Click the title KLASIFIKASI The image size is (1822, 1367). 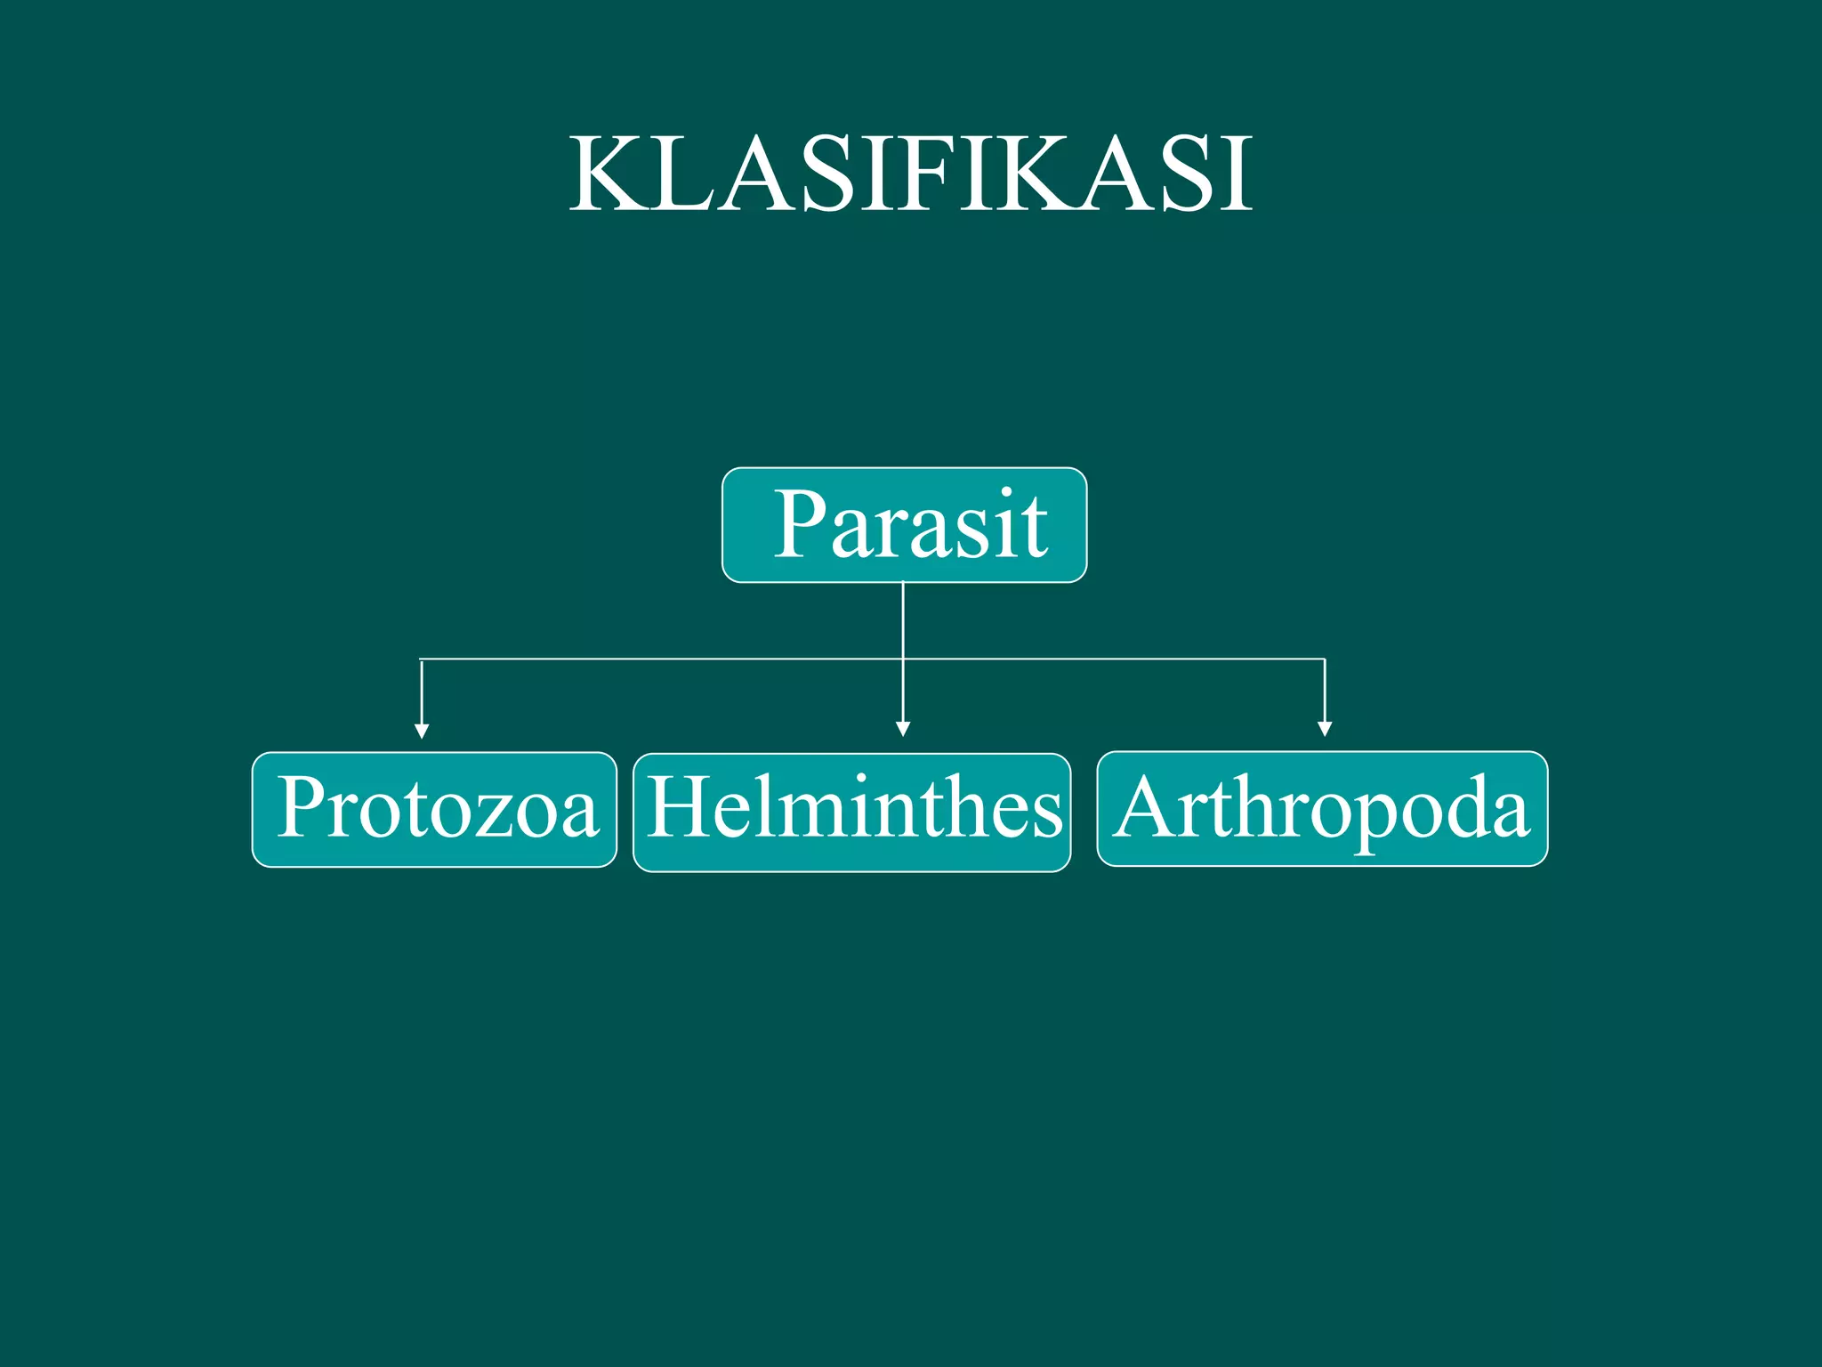[911, 174]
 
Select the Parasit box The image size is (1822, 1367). [904, 525]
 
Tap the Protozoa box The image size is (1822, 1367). [434, 809]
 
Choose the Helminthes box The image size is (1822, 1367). [851, 812]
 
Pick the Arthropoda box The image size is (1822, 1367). [1322, 808]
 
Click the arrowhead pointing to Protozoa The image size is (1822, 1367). [422, 732]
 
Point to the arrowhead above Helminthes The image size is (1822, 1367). [903, 729]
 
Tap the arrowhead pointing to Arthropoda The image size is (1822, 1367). [1325, 729]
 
